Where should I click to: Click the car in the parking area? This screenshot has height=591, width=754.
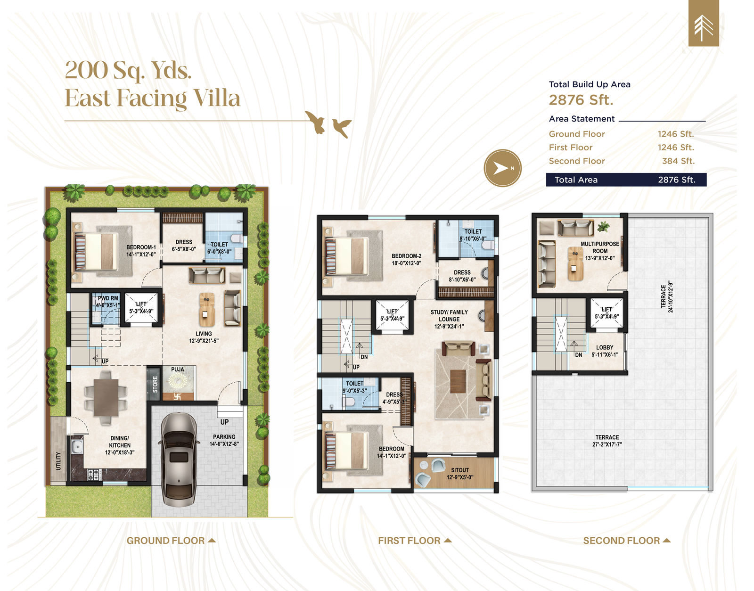[x=179, y=460]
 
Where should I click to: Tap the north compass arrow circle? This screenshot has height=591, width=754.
[x=502, y=168]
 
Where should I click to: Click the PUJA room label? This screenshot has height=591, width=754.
[x=177, y=369]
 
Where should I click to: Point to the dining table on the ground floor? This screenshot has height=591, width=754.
[x=106, y=397]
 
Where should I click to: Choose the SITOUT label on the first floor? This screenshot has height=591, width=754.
[x=460, y=470]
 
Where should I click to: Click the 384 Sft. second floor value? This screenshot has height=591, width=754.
[x=678, y=161]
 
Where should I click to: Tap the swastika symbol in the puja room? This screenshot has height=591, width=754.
[x=177, y=396]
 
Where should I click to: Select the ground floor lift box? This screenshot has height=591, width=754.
[x=141, y=308]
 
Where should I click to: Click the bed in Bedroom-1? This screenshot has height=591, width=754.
[x=97, y=251]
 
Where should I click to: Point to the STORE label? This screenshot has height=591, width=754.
[x=155, y=385]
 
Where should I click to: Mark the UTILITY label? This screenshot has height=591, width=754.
[x=58, y=461]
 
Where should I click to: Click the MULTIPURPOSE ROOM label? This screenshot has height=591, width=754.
[x=600, y=247]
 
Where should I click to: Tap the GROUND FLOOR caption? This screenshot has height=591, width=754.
[x=165, y=541]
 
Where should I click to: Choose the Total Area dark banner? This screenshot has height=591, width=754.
[x=626, y=180]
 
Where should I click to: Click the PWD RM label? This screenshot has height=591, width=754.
[x=107, y=298]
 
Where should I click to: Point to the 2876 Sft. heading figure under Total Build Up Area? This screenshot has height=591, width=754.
[x=581, y=100]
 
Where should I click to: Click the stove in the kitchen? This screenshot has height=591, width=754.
[x=94, y=473]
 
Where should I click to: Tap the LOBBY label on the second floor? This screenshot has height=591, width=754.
[x=605, y=347]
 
